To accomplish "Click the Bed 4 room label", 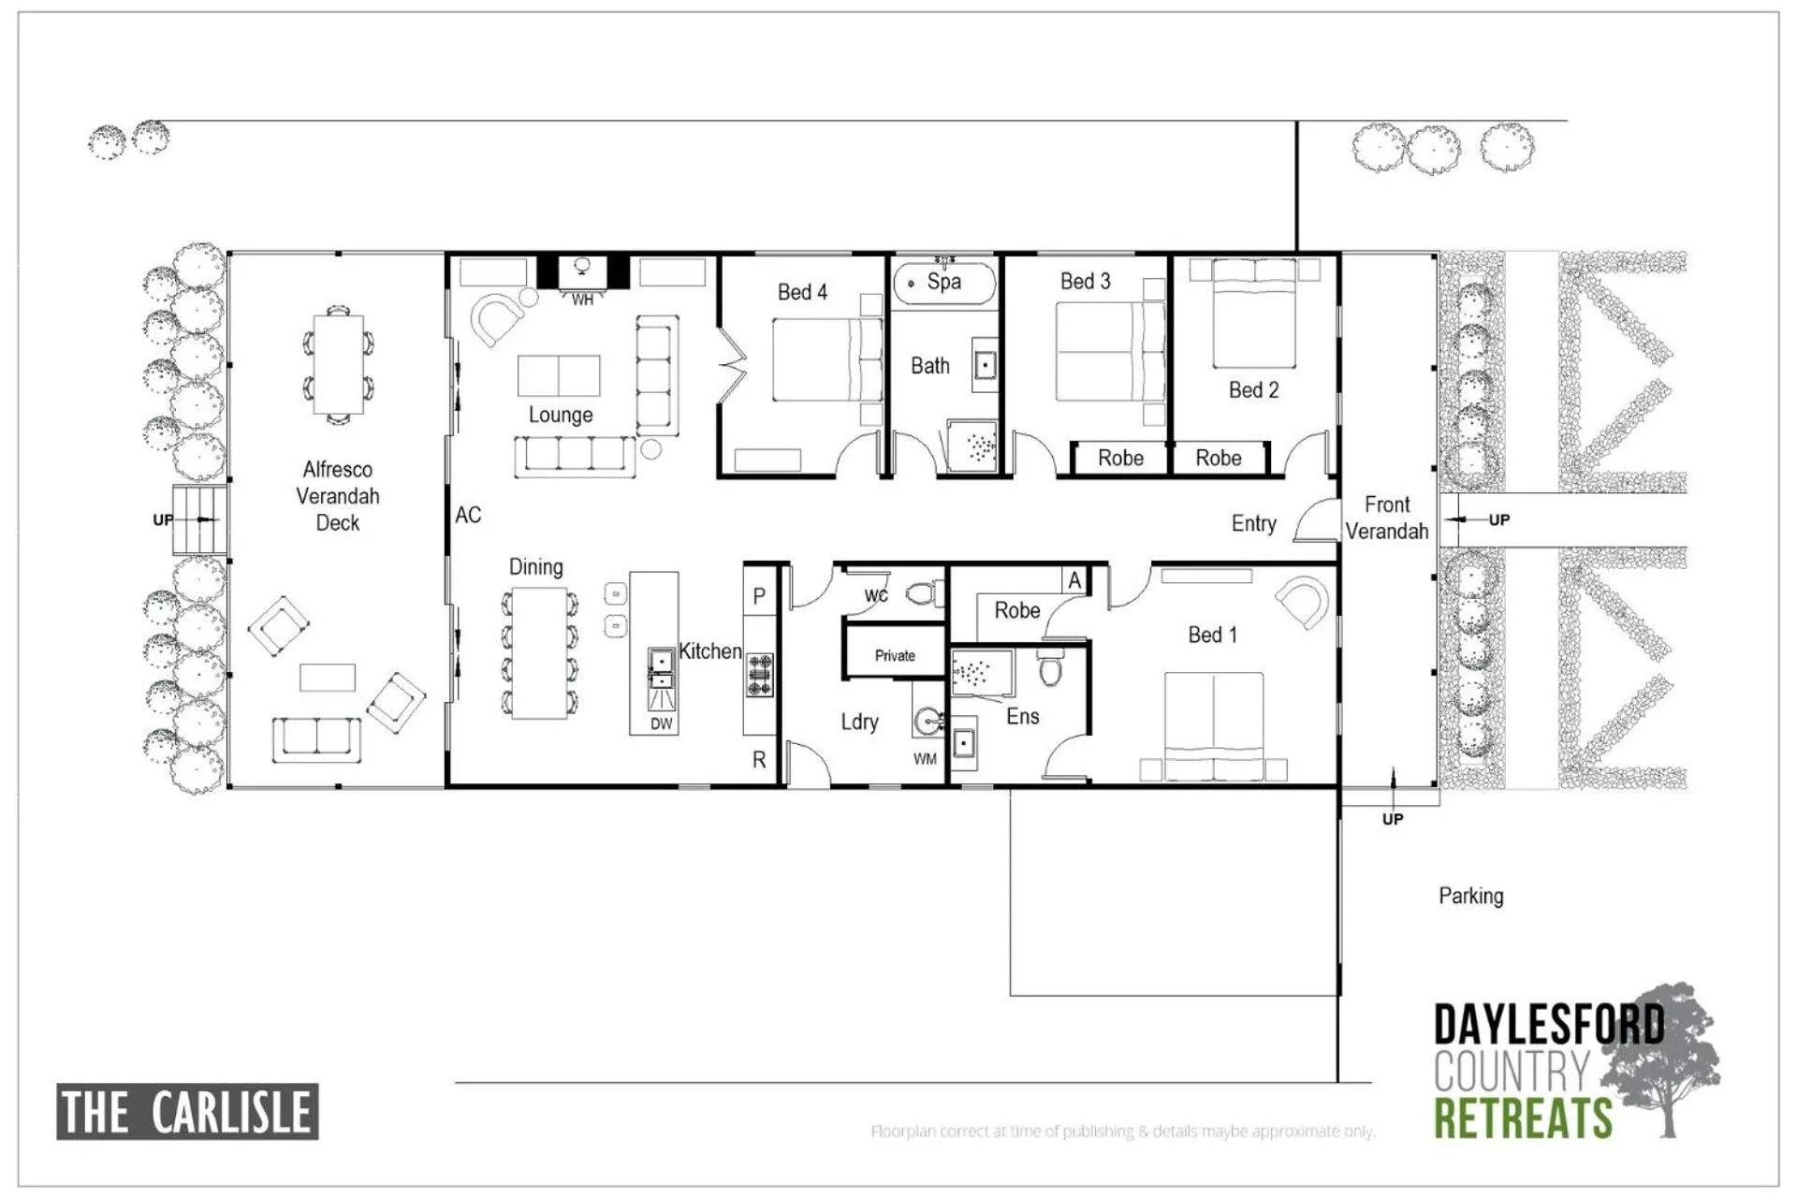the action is (x=802, y=292).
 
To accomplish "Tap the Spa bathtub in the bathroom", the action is (x=943, y=284).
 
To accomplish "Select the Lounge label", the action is (x=561, y=415).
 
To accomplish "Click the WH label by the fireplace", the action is (x=582, y=300).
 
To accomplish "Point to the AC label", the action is (x=468, y=515).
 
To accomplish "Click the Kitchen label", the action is (x=710, y=650).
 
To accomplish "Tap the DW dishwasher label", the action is (x=662, y=723).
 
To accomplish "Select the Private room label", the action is (x=895, y=655).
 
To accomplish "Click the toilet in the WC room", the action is (x=924, y=593).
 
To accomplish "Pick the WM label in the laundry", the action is (x=925, y=759).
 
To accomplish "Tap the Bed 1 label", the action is (x=1212, y=635).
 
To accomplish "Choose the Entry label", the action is (x=1254, y=523).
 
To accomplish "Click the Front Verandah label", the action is (x=1387, y=518).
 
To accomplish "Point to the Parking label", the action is (x=1471, y=896).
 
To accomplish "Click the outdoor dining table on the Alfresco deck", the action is (x=338, y=362).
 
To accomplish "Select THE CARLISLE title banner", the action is (x=187, y=1112).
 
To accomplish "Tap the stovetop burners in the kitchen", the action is (x=759, y=675).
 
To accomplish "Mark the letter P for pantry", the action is (x=759, y=597).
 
